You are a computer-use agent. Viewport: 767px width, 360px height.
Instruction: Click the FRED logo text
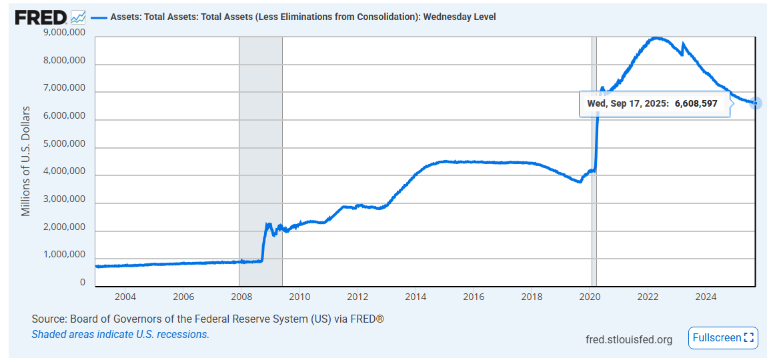click(41, 17)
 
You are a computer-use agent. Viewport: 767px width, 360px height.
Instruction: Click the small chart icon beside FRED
click(77, 17)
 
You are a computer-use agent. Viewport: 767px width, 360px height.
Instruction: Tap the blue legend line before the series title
click(98, 17)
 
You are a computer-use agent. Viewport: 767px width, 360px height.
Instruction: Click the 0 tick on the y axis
click(82, 283)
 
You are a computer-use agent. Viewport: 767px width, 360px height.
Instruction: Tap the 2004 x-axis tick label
click(125, 296)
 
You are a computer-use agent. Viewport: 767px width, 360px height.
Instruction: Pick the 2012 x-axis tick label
click(357, 296)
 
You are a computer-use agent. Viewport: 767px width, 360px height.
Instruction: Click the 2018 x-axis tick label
click(532, 296)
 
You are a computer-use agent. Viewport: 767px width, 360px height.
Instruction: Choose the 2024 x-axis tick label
click(706, 296)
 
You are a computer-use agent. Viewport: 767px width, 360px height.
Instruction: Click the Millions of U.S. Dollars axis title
click(26, 160)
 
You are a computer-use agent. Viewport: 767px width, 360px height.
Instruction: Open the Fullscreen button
click(724, 337)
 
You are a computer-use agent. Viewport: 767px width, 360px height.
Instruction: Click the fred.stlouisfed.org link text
click(628, 339)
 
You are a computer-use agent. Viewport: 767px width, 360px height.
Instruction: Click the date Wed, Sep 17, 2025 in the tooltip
click(626, 103)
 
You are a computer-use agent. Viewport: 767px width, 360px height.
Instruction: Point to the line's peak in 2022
click(657, 38)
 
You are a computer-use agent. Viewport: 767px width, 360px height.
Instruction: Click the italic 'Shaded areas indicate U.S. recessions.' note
click(120, 334)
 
